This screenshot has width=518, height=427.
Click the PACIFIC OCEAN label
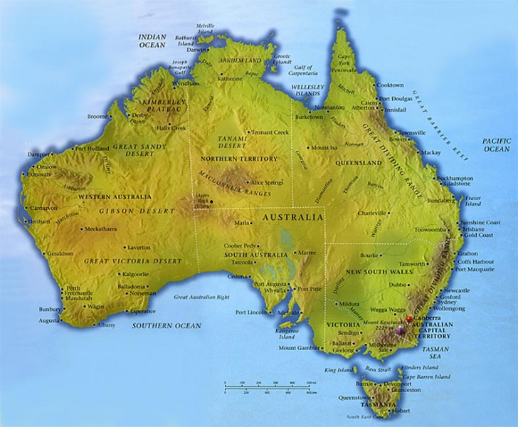pyautogui.click(x=496, y=145)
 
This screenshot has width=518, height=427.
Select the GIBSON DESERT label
pyautogui.click(x=137, y=211)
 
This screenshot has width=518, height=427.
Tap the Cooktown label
pyautogui.click(x=390, y=85)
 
